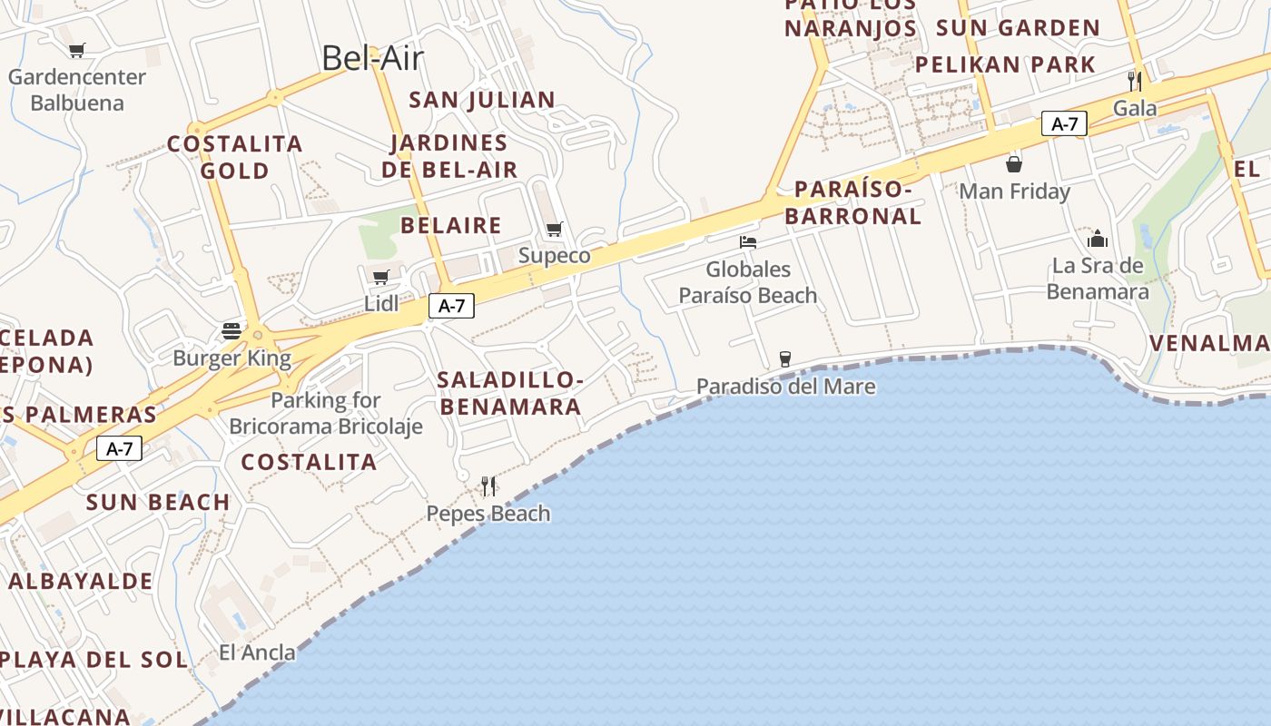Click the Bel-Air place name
point(372,58)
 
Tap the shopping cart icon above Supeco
point(554,229)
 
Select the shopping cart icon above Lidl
point(381,277)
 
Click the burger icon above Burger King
point(232,330)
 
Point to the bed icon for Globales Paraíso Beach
point(748,242)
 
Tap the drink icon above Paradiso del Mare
point(785,359)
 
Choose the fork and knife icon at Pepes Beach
point(488,486)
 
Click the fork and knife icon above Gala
point(1134,81)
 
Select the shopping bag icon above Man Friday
point(1014,164)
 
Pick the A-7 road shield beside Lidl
point(451,306)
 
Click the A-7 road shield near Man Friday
point(1064,123)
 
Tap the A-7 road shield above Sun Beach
point(120,447)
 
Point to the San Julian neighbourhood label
point(481,100)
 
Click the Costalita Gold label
point(234,157)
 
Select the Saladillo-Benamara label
point(509,392)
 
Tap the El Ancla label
point(257,652)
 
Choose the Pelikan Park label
point(1005,64)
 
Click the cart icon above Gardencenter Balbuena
point(76,51)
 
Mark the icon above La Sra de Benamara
point(1098,239)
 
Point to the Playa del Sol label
point(94,659)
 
